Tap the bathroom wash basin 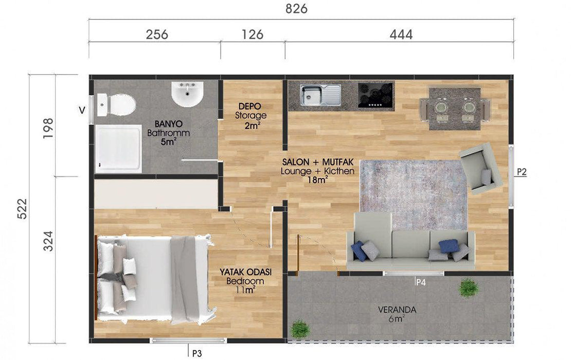tap(187, 94)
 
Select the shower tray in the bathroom tap(118, 149)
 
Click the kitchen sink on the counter tap(320, 95)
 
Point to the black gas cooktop tap(376, 95)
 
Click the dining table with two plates tap(454, 109)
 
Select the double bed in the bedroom tap(153, 278)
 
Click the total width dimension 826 tap(296, 8)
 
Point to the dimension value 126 tap(253, 34)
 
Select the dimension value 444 tap(401, 34)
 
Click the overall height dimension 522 tap(23, 209)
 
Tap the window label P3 tap(197, 353)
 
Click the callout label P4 tap(421, 282)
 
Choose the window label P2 tap(522, 172)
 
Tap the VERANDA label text tap(397, 310)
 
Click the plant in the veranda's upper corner tap(468, 288)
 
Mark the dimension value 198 tap(48, 128)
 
